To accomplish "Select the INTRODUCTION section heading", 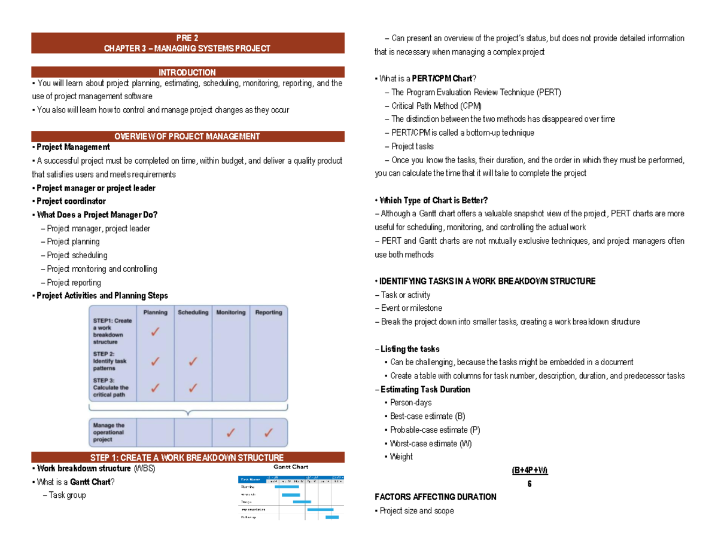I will click(187, 72).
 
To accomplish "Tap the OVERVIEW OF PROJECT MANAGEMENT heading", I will click(187, 137).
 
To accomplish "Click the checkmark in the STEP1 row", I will click(155, 332).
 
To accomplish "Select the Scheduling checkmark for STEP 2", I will click(193, 361).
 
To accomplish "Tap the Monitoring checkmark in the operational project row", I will click(230, 432).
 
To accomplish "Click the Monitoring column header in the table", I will click(230, 313).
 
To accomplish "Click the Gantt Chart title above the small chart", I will click(291, 467).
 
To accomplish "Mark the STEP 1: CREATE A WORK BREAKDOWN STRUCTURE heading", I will click(187, 458).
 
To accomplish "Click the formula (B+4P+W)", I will click(530, 470).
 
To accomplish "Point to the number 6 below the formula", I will click(530, 483).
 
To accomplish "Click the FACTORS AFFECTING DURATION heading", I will click(435, 497).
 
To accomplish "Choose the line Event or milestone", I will click(410, 308).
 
